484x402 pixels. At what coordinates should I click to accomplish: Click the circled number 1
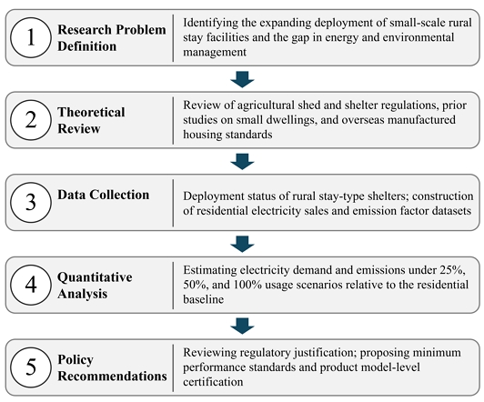pyautogui.click(x=31, y=37)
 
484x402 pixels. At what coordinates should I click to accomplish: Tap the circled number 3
pyautogui.click(x=31, y=202)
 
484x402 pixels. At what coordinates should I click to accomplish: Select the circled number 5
pyautogui.click(x=31, y=367)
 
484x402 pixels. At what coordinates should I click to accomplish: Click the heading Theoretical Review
pyautogui.click(x=91, y=120)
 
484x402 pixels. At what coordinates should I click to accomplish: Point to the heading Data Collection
pyautogui.click(x=103, y=195)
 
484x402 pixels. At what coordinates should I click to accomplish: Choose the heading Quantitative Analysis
pyautogui.click(x=95, y=285)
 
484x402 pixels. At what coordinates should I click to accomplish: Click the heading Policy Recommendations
pyautogui.click(x=112, y=367)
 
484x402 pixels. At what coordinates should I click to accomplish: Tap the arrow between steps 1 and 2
pyautogui.click(x=242, y=79)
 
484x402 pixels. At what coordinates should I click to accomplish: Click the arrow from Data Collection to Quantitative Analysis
pyautogui.click(x=242, y=244)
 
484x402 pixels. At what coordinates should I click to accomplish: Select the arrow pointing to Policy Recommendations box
pyautogui.click(x=242, y=326)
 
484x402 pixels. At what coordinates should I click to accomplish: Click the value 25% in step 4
pyautogui.click(x=452, y=270)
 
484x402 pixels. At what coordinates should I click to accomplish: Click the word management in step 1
pyautogui.click(x=215, y=52)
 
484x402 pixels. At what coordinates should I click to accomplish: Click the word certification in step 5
pyautogui.click(x=213, y=382)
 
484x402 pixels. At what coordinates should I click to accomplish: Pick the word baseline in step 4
pyautogui.click(x=203, y=299)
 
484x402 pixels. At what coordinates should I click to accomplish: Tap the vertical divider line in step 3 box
pyautogui.click(x=173, y=203)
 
